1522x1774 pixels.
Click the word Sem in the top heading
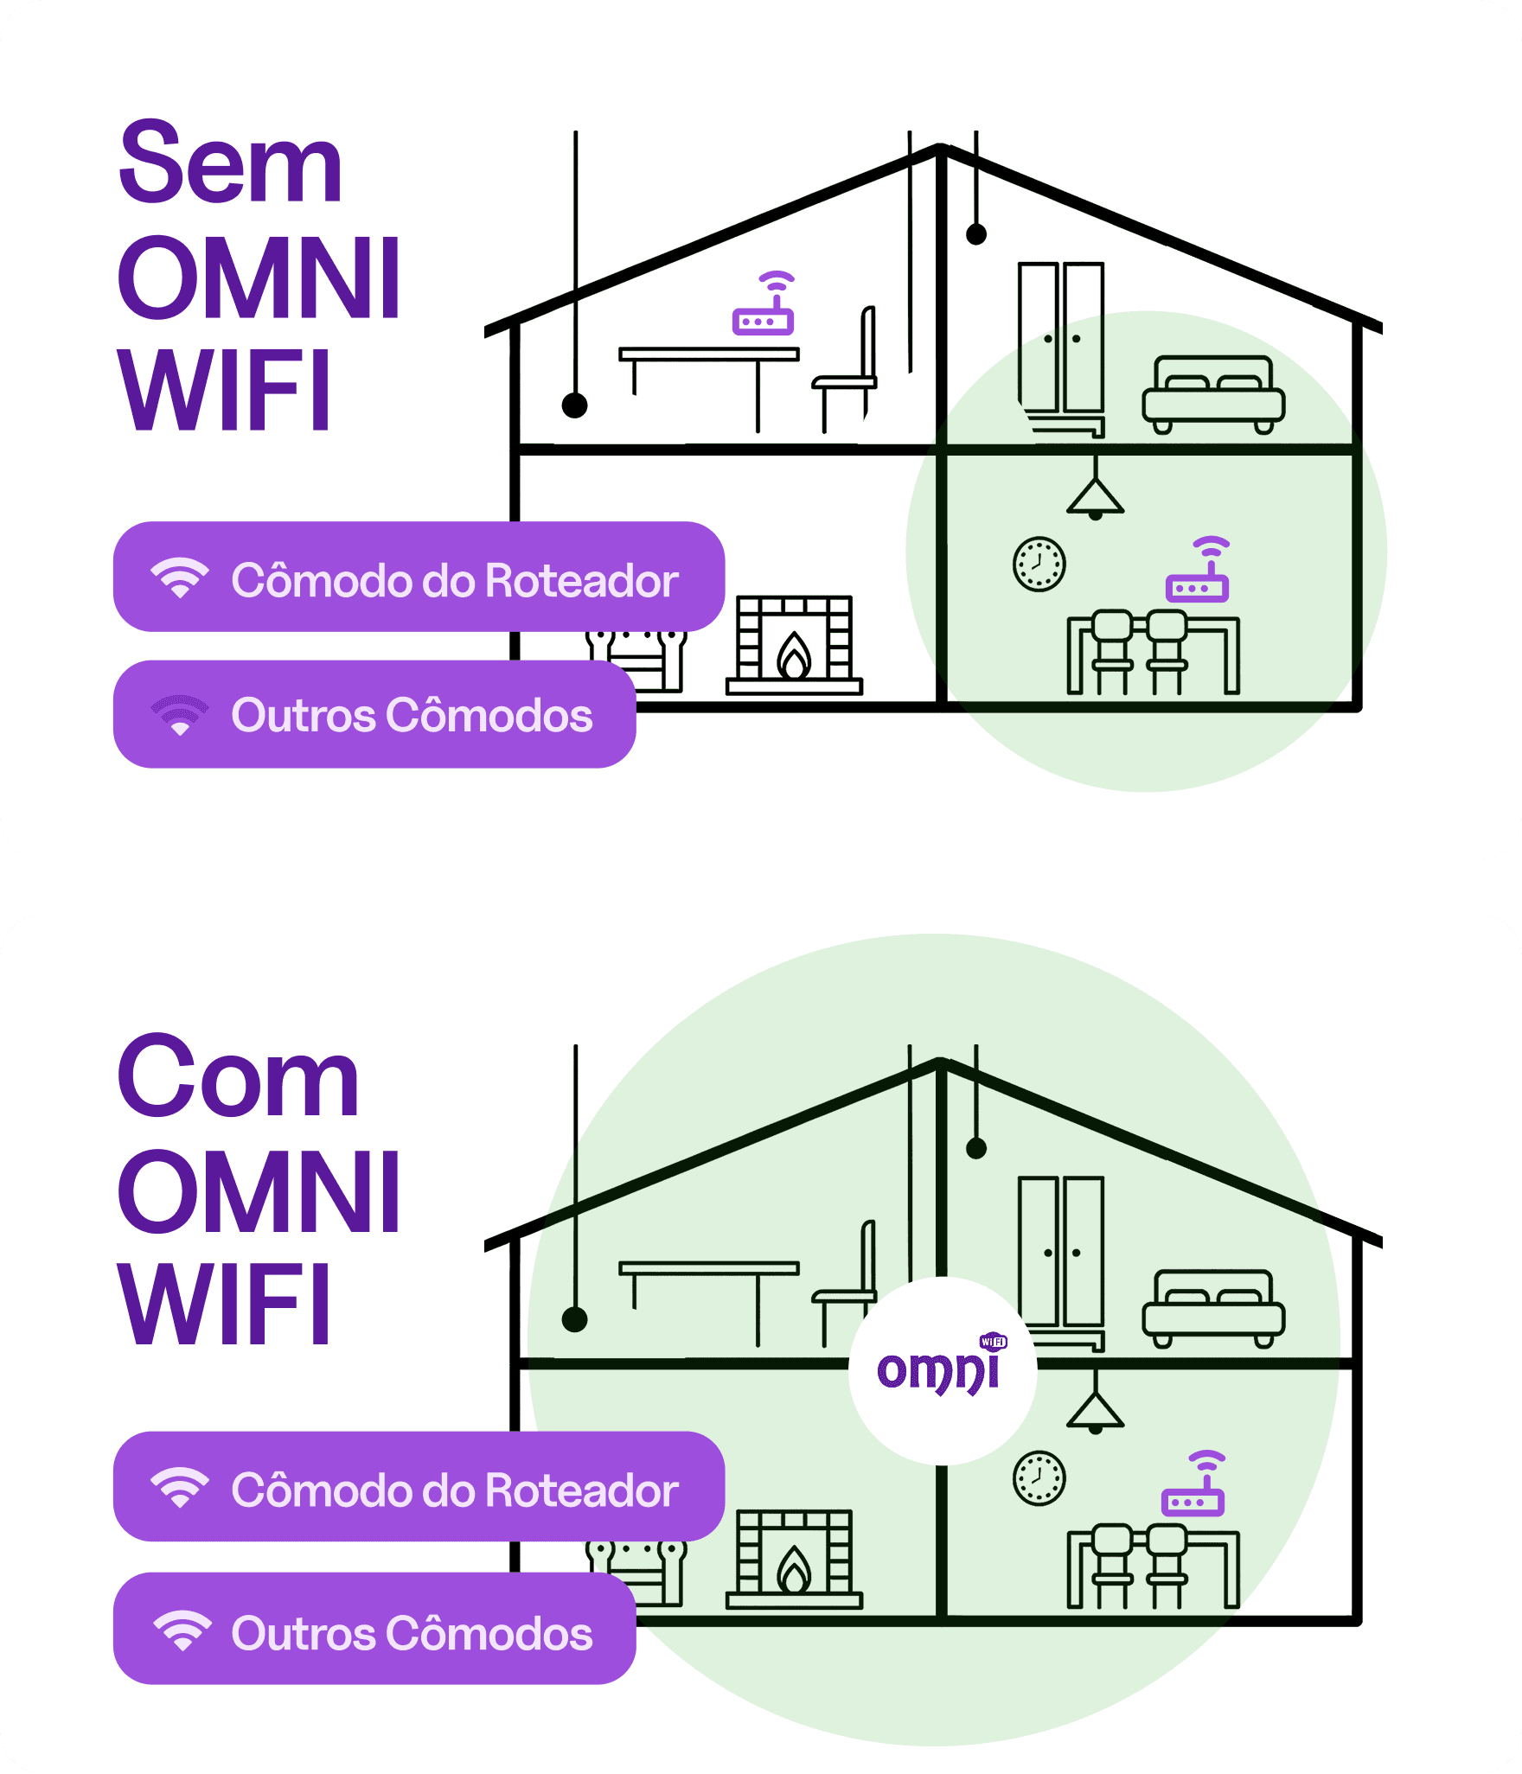click(230, 163)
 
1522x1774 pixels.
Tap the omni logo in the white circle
click(941, 1369)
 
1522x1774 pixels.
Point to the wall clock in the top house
click(1039, 565)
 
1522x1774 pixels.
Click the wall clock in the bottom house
click(1039, 1478)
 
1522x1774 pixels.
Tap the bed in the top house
click(1213, 393)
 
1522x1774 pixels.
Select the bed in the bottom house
click(1213, 1307)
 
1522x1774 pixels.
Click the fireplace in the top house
click(794, 645)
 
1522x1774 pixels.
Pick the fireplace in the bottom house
click(794, 1559)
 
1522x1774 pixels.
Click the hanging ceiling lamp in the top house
click(1096, 496)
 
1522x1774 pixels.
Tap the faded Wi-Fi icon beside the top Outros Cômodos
click(180, 716)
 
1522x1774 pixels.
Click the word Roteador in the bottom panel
click(581, 1491)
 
